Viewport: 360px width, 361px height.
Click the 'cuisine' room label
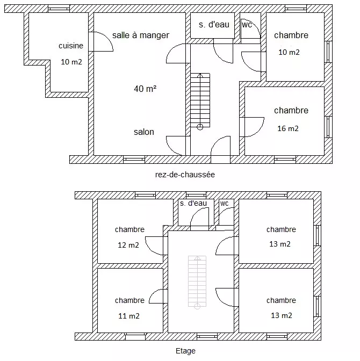71,46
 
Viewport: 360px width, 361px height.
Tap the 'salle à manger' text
141,35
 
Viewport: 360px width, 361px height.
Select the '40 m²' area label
145,89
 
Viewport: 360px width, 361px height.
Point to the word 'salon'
144,132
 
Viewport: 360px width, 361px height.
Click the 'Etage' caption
185,351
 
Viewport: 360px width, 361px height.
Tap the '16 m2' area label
287,128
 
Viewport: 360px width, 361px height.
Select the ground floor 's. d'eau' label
213,24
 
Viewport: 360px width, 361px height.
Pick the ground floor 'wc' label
247,24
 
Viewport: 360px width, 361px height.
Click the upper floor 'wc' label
225,203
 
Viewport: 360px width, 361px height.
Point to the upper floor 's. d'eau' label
193,203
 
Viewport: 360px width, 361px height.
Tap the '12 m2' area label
128,245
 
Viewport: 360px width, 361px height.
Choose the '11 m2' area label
128,316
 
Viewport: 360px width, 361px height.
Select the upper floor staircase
197,281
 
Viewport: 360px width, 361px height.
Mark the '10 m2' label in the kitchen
71,62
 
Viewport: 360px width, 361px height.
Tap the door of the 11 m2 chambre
157,297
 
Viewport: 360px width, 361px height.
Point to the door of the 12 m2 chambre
157,244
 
